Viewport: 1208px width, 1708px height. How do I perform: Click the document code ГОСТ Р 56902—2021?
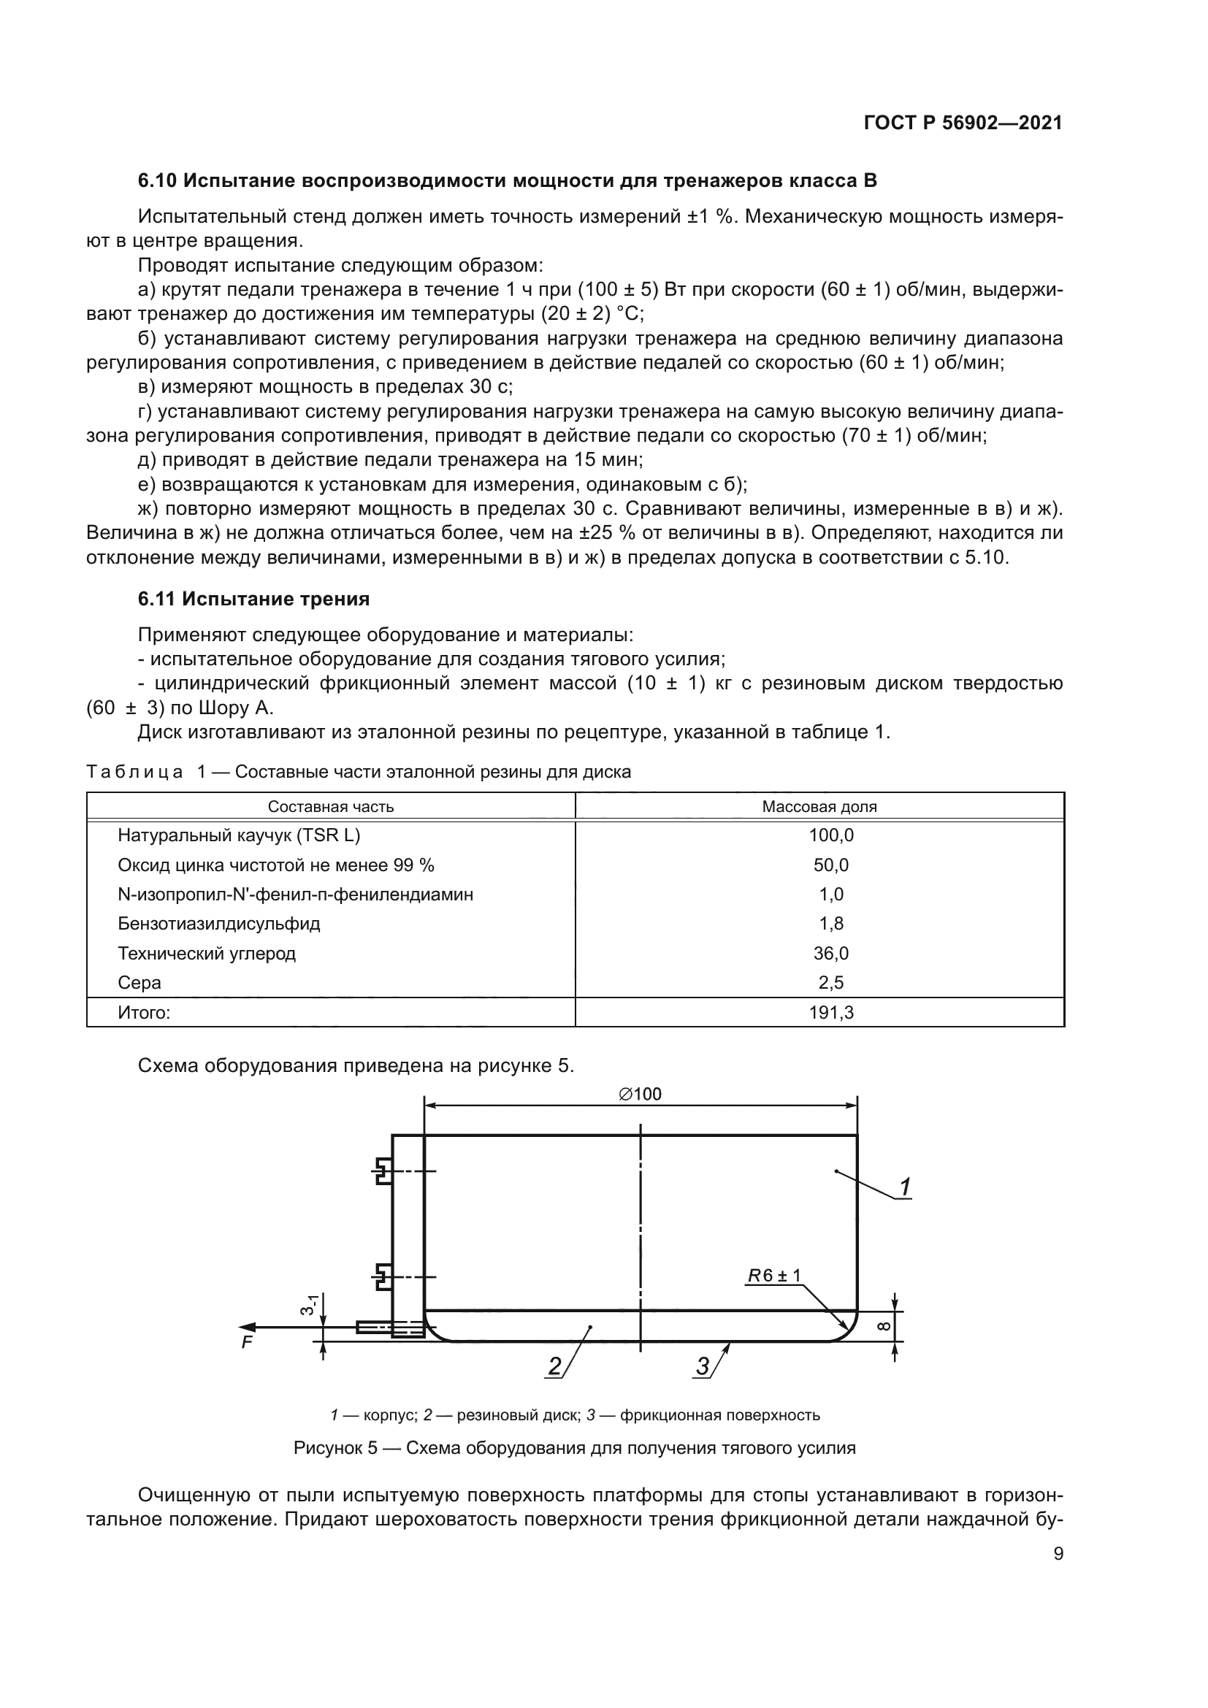(963, 123)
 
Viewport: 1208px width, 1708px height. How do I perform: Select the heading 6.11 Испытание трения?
(253, 599)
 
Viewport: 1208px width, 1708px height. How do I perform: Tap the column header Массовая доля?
(819, 806)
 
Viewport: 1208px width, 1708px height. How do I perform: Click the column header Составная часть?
(330, 806)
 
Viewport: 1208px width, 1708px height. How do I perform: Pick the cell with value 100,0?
(831, 835)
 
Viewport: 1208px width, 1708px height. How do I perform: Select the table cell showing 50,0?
(831, 865)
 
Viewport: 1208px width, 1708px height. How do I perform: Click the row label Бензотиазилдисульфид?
(218, 924)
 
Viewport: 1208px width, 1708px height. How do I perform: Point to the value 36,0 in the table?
(831, 954)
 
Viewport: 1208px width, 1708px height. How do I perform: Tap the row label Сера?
(139, 983)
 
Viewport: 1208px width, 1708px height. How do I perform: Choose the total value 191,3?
(831, 1012)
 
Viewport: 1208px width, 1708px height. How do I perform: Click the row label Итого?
(144, 1012)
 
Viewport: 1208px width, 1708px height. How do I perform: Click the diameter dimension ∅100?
(640, 1094)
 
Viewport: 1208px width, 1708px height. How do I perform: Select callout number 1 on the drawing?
(904, 1188)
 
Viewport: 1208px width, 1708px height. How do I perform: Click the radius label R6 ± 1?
(774, 1276)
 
